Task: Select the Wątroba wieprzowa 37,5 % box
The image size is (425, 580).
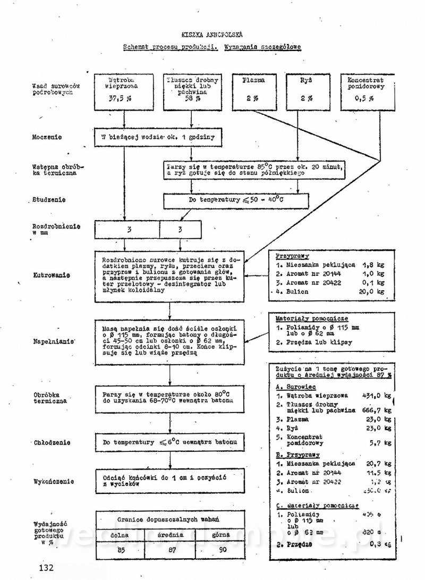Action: pyautogui.click(x=123, y=90)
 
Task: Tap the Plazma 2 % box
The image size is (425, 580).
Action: pyautogui.click(x=253, y=90)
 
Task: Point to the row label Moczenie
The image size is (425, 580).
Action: pyautogui.click(x=47, y=137)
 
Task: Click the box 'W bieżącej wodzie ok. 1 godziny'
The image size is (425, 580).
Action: pyautogui.click(x=158, y=137)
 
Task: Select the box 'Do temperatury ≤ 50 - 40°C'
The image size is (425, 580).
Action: pyautogui.click(x=235, y=200)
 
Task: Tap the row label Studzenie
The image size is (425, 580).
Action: pyautogui.click(x=49, y=200)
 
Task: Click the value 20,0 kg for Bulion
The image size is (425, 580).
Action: pyautogui.click(x=373, y=291)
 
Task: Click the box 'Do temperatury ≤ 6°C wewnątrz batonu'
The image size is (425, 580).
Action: pyautogui.click(x=170, y=442)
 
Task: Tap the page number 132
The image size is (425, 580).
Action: pyautogui.click(x=46, y=568)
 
